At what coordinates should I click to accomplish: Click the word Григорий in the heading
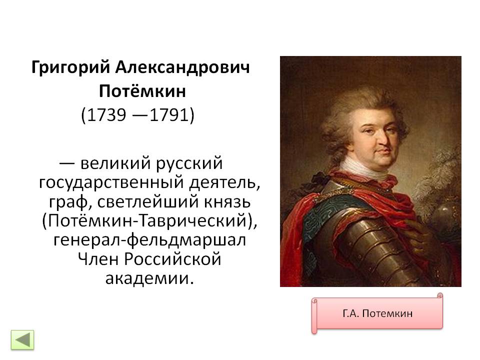pos(70,67)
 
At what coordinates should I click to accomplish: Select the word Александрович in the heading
pos(182,67)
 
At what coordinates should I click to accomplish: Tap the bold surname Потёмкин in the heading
pos(142,90)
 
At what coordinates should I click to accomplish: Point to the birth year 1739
pos(106,115)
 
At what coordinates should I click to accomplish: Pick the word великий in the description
pos(116,163)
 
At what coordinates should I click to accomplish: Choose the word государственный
pos(111,183)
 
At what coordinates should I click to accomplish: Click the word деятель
pos(224,182)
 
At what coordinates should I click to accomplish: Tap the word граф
pos(70,202)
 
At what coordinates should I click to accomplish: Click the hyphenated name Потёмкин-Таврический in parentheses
pos(147,220)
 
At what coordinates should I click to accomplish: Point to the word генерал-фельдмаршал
pos(149,240)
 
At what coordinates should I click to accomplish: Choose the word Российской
pos(172,259)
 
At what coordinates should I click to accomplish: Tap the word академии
pos(150,278)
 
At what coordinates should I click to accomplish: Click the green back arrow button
pos(22,339)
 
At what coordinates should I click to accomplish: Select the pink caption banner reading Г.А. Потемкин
pos(377,313)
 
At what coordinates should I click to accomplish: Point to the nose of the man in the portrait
pos(382,139)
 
